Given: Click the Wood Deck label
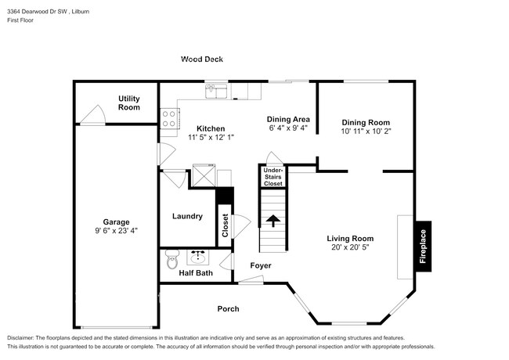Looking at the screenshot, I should click(202, 59).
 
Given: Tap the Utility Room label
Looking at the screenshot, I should click(129, 103).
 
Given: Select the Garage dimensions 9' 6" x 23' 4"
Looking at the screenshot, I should click(117, 231).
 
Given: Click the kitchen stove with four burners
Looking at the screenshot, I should click(168, 118).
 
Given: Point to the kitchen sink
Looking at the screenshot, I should click(217, 92).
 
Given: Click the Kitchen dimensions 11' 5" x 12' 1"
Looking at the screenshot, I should click(211, 137).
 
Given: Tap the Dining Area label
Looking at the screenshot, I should click(288, 119).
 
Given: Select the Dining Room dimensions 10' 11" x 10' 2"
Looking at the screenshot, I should click(366, 131).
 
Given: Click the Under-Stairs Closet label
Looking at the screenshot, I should click(273, 177).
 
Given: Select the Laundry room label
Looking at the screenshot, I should click(187, 217).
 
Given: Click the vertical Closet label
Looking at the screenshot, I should click(226, 227).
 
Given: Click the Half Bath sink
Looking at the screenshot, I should click(197, 256).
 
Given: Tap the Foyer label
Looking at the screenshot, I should click(261, 266).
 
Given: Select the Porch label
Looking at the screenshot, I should click(228, 309).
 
